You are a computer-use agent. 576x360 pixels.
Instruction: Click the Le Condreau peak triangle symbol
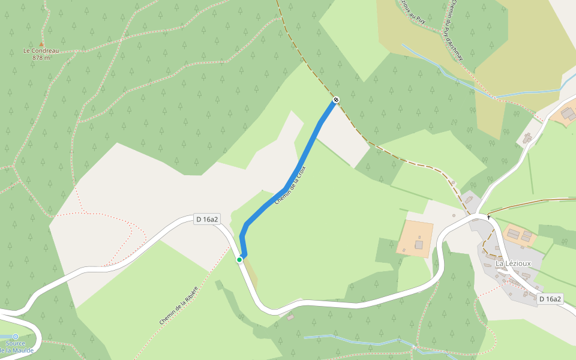pos(41,44)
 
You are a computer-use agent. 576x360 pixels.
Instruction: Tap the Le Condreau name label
pos(41,51)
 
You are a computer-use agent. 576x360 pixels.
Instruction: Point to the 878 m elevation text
pos(41,58)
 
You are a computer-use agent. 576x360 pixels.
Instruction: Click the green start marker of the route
pos(239,259)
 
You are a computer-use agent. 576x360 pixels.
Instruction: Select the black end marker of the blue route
pos(336,100)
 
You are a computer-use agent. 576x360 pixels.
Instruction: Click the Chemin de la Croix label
pos(290,186)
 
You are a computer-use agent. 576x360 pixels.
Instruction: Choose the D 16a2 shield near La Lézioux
pos(550,299)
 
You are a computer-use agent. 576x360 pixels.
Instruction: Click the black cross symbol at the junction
pos(489,217)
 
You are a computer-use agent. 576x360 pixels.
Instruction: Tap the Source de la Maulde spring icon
pos(15,337)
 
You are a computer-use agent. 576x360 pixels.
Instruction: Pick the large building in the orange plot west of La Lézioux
pos(419,245)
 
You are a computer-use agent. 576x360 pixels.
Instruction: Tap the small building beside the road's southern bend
pos(290,317)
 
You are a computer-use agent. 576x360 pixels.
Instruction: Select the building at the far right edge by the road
pos(568,113)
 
